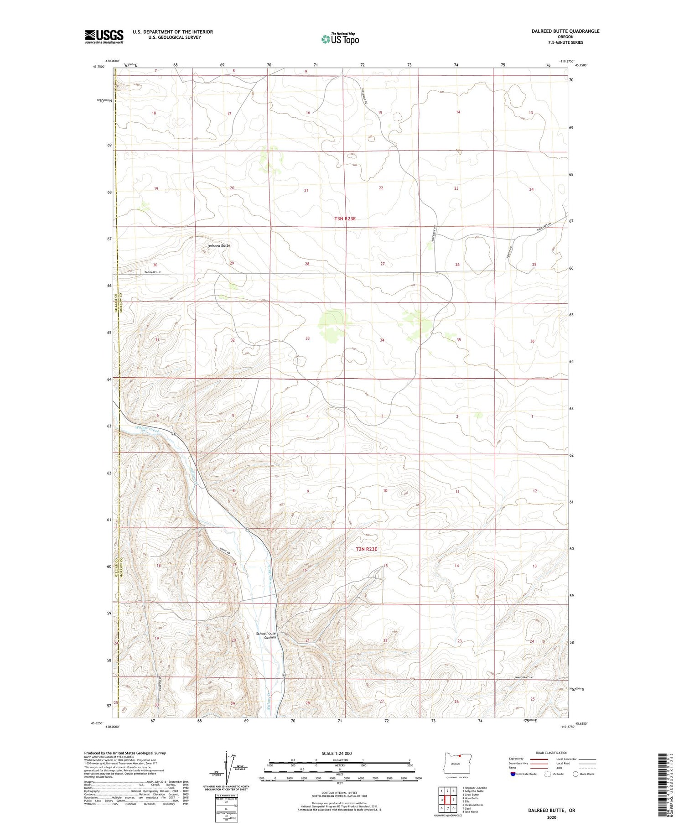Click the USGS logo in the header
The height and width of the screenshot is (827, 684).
click(104, 36)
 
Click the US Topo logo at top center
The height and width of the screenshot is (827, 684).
click(340, 39)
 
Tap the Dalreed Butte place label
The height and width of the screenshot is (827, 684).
click(219, 245)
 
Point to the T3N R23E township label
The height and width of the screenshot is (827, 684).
click(345, 218)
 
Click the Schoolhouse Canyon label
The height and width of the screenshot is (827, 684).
click(266, 635)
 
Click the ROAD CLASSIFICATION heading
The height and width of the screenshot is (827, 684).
click(552, 753)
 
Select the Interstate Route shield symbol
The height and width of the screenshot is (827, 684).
click(513, 774)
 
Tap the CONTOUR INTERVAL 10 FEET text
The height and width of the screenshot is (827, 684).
click(340, 793)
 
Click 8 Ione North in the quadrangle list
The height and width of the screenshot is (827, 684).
click(470, 812)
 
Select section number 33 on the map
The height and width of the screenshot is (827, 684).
click(307, 338)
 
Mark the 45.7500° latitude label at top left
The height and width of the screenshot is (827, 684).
click(100, 67)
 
